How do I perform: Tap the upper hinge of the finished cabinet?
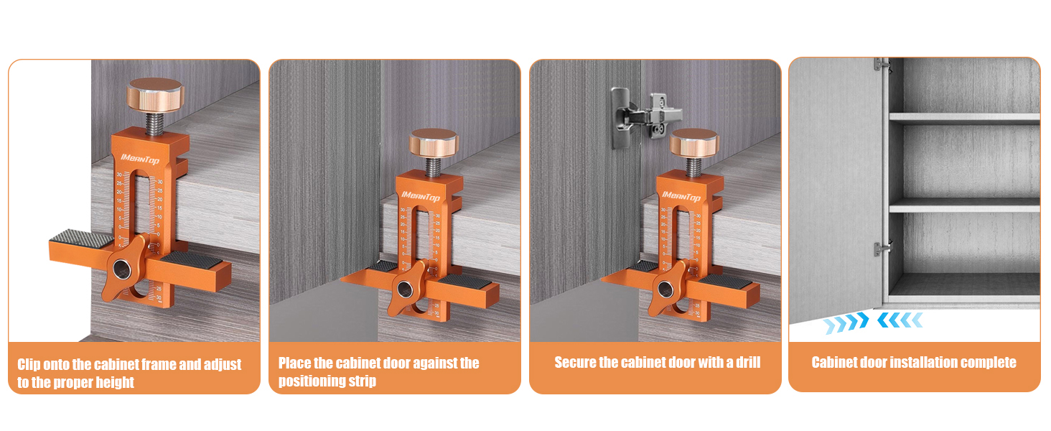pos(882,65)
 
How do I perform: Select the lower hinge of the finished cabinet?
pos(882,249)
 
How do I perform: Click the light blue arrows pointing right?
pos(846,321)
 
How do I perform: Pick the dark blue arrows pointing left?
pos(900,320)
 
